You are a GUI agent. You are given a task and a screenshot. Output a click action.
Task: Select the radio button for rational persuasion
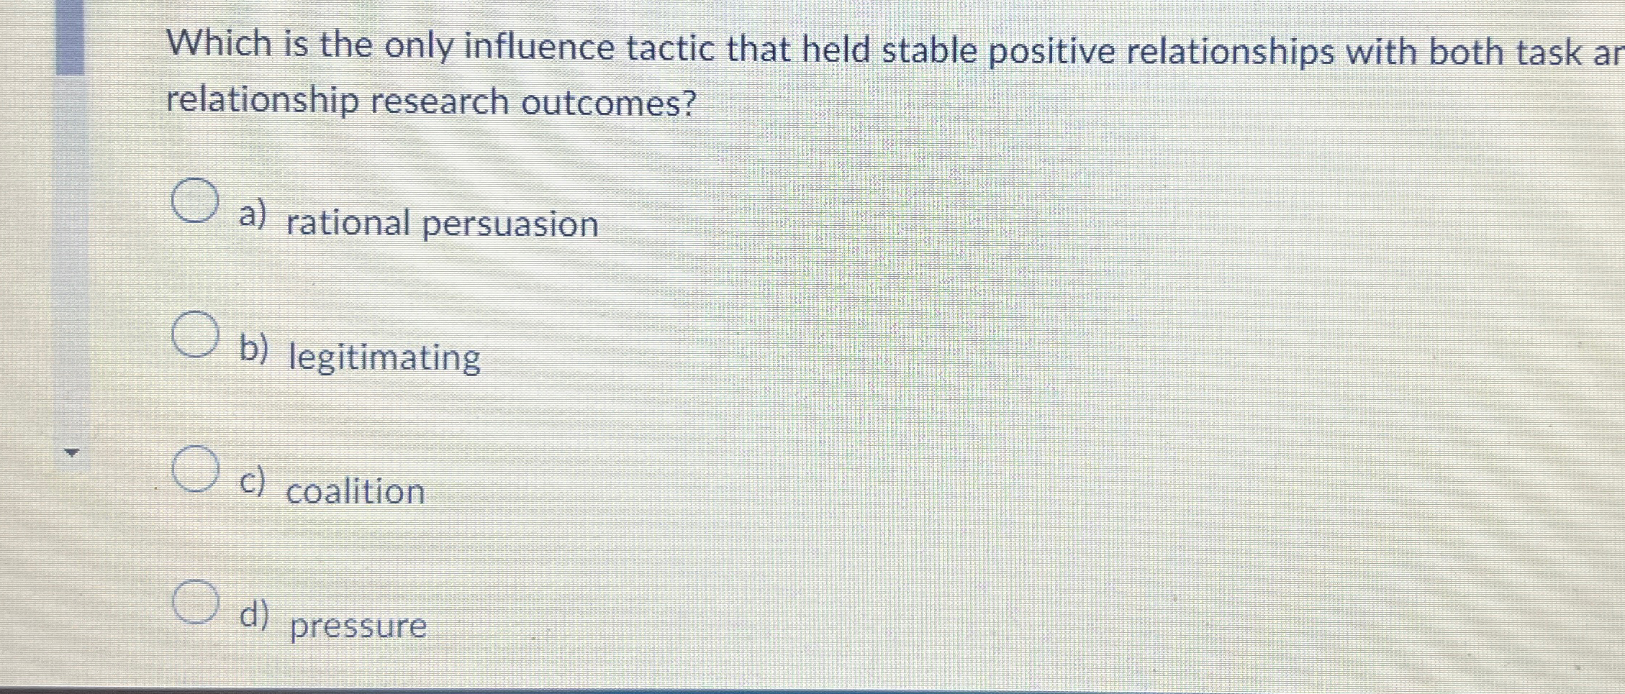click(195, 201)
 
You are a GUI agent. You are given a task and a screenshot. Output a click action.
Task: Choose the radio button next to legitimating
click(195, 334)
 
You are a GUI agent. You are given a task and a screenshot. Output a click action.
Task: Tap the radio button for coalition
click(195, 468)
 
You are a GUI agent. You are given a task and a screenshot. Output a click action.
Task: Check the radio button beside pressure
click(195, 601)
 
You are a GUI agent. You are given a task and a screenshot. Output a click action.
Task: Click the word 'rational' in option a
click(348, 223)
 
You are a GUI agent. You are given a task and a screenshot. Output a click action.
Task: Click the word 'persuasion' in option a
click(510, 224)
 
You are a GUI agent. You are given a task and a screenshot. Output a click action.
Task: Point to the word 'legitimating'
click(384, 358)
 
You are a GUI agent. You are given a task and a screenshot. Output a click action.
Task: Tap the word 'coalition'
click(356, 493)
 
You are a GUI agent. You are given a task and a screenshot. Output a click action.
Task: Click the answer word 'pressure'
click(358, 626)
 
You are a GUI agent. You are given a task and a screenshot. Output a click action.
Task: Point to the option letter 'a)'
click(253, 214)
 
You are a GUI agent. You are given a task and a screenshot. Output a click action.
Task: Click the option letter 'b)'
click(253, 349)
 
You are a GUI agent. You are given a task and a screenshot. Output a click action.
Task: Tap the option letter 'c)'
click(252, 482)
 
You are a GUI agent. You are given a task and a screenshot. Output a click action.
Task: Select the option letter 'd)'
click(253, 616)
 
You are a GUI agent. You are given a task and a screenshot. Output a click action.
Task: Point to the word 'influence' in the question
click(538, 47)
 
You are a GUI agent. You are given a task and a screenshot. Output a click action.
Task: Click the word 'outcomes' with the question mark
click(609, 103)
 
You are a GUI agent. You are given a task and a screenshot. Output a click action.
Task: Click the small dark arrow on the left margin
click(71, 452)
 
